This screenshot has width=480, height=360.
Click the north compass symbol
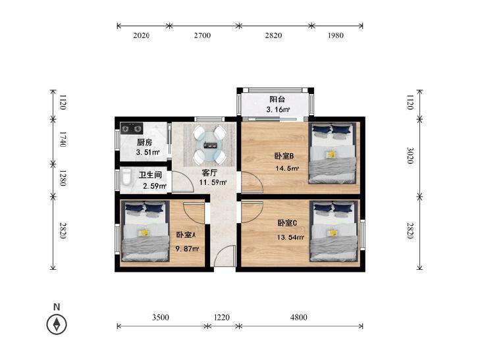[57, 324]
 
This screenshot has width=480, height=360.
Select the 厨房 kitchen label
[145, 142]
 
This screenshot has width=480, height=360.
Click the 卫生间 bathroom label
[151, 176]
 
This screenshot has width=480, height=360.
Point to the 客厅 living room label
[209, 172]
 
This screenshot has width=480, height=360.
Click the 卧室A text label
[186, 235]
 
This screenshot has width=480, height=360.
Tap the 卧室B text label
[284, 156]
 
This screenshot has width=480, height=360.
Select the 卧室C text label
[288, 223]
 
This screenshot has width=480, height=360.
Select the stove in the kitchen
[130, 128]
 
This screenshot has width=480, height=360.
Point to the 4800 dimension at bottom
[298, 317]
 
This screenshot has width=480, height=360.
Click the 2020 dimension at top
[142, 36]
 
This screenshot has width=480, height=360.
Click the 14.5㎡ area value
[287, 168]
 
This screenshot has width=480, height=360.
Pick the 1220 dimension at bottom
[223, 317]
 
